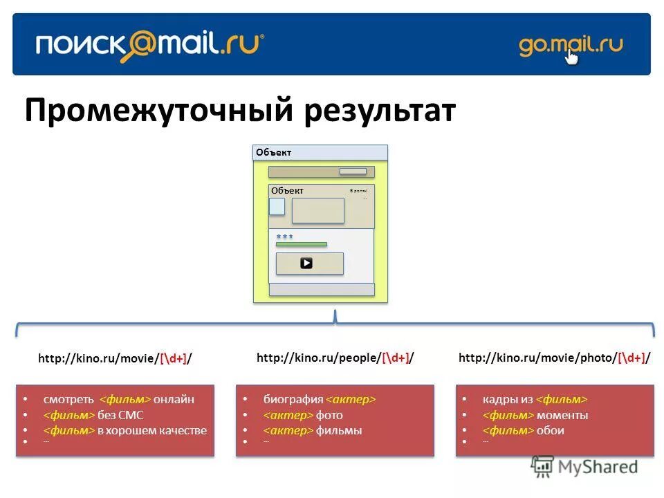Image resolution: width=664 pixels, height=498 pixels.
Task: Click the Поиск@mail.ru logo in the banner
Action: pos(149,46)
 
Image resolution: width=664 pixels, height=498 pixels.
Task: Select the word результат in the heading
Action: pos(379,111)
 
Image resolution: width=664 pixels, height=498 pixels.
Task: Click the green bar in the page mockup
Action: pos(302,244)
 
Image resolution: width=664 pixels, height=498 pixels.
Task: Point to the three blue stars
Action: pos(284,237)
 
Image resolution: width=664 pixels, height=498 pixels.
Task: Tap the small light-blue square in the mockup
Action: pos(277,206)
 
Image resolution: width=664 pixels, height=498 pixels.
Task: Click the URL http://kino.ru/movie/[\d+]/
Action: pos(115,358)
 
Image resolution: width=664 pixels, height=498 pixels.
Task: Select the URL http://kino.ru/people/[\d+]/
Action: pos(335,358)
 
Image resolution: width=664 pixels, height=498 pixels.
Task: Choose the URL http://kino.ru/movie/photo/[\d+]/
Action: pos(554,358)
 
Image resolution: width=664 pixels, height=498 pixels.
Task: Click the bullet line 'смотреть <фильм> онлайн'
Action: pos(118,399)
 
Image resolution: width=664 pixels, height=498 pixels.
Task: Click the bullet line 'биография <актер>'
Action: pos(319,399)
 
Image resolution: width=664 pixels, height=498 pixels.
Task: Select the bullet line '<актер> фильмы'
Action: pos(313,430)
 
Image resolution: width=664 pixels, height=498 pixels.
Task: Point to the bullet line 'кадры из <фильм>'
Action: pos(534,399)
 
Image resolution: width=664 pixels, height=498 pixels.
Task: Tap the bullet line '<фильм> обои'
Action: pos(523,430)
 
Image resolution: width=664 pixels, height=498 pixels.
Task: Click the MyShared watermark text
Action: pos(595,467)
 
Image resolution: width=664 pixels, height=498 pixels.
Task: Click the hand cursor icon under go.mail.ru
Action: pos(571,57)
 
